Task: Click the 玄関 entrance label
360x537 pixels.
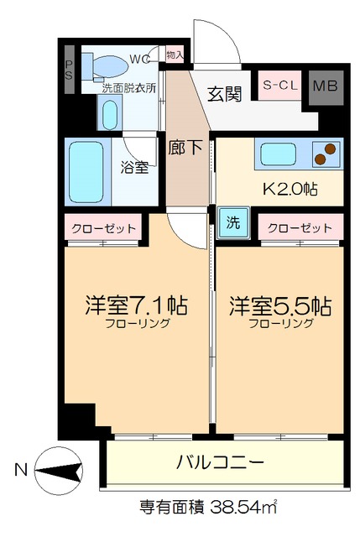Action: click(225, 93)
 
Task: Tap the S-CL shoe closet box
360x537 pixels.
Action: click(280, 85)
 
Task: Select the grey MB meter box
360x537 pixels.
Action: click(325, 86)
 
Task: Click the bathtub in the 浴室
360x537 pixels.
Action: click(87, 172)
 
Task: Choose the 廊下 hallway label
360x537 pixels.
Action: click(185, 148)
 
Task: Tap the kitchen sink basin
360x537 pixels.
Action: click(278, 154)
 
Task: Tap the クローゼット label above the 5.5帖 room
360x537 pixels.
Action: click(300, 228)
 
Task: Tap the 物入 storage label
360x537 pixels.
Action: click(175, 55)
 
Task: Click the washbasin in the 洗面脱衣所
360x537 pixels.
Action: click(109, 111)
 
